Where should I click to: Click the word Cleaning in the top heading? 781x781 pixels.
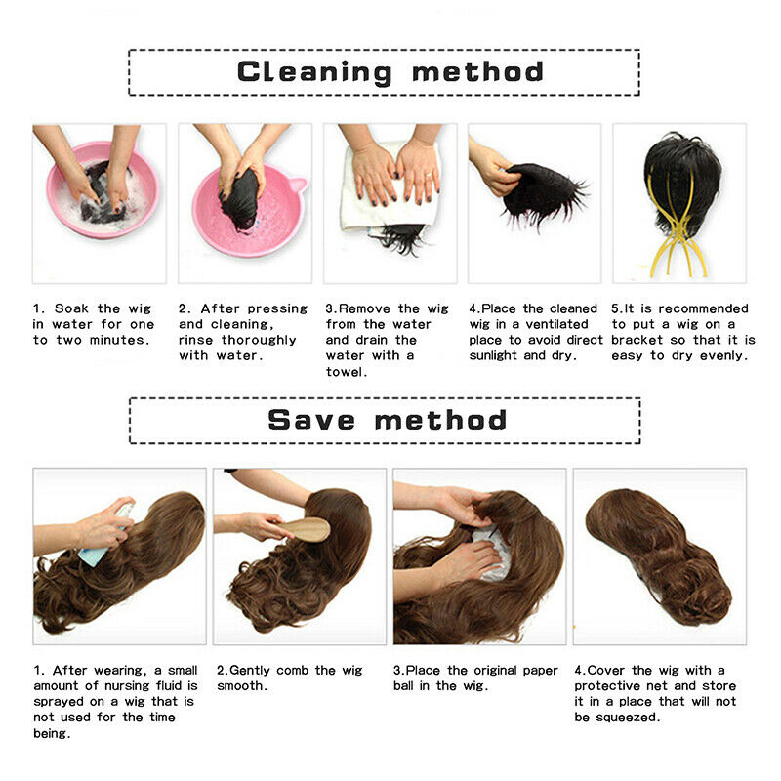click(x=314, y=72)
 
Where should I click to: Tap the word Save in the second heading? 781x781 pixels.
click(x=311, y=420)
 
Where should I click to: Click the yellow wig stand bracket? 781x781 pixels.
click(x=678, y=234)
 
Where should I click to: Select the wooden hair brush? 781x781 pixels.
click(x=305, y=529)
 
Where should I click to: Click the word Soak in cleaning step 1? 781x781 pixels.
click(x=71, y=308)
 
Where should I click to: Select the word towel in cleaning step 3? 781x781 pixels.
click(x=347, y=372)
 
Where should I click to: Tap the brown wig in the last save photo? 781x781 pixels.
click(x=658, y=555)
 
